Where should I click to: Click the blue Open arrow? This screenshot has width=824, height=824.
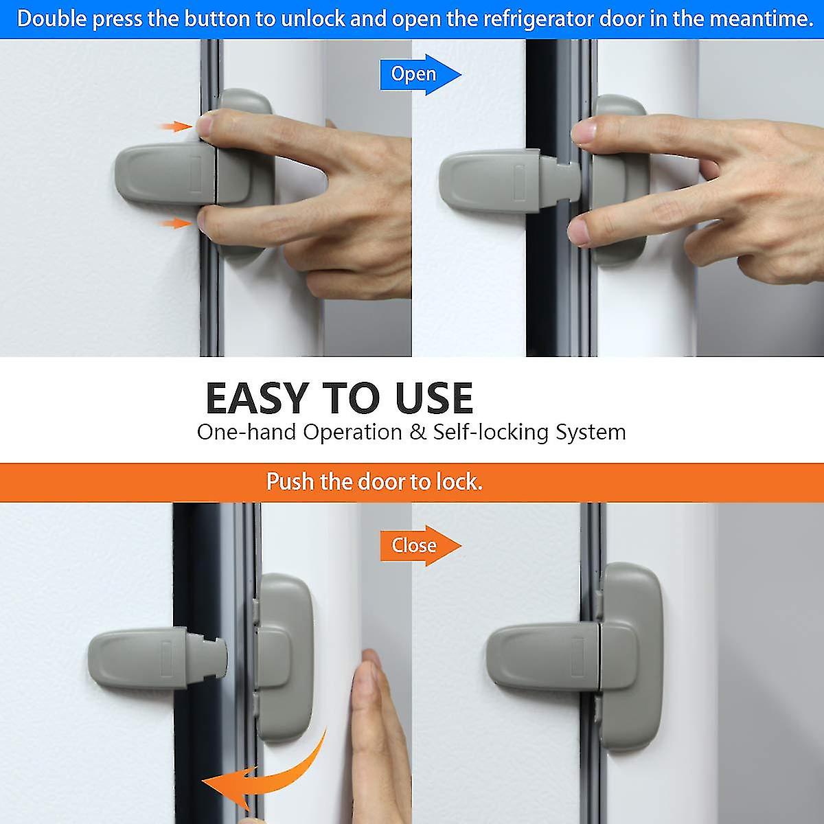[419, 74]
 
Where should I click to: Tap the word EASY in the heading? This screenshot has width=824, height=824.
[257, 398]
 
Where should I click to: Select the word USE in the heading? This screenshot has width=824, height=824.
[434, 398]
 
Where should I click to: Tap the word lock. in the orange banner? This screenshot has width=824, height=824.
[459, 481]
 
